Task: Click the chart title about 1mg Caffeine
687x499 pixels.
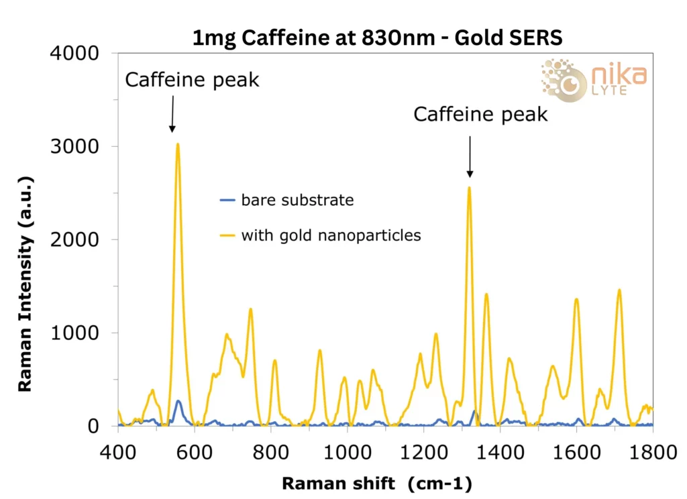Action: pyautogui.click(x=377, y=38)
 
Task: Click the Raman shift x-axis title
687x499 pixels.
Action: pyautogui.click(x=376, y=483)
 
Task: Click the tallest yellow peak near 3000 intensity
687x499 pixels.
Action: pyautogui.click(x=178, y=144)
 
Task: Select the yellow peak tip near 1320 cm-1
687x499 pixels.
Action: pyautogui.click(x=469, y=188)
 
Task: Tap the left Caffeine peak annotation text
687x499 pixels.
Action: pyautogui.click(x=192, y=80)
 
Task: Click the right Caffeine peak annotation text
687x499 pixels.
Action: pyautogui.click(x=480, y=115)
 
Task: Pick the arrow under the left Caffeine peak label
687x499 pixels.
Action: pyautogui.click(x=172, y=113)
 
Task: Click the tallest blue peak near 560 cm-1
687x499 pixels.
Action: pyautogui.click(x=178, y=401)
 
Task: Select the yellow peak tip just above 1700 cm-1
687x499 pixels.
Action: pyautogui.click(x=619, y=290)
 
